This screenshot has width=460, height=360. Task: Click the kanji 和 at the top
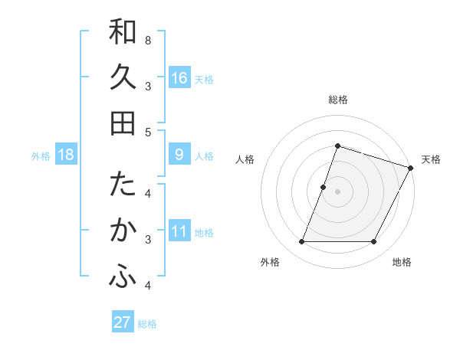(123, 32)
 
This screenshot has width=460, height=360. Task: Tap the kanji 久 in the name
(123, 77)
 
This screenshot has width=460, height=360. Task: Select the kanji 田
(123, 123)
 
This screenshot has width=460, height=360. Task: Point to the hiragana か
(123, 231)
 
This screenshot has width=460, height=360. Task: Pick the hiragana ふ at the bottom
(123, 277)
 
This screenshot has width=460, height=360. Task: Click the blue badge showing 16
(179, 78)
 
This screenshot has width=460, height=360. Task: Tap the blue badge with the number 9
(179, 155)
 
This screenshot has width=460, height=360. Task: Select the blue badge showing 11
(179, 231)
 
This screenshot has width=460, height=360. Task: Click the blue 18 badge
(66, 155)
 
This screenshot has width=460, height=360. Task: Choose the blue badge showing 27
(123, 322)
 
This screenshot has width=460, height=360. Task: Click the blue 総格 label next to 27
(147, 324)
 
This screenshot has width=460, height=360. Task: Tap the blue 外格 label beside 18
(41, 156)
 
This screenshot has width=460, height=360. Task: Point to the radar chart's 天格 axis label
(431, 159)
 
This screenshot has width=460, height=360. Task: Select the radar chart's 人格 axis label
(245, 159)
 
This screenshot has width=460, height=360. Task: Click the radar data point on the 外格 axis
(302, 242)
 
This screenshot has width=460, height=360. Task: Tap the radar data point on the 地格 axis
(373, 242)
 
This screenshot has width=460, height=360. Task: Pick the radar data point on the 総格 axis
(337, 146)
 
